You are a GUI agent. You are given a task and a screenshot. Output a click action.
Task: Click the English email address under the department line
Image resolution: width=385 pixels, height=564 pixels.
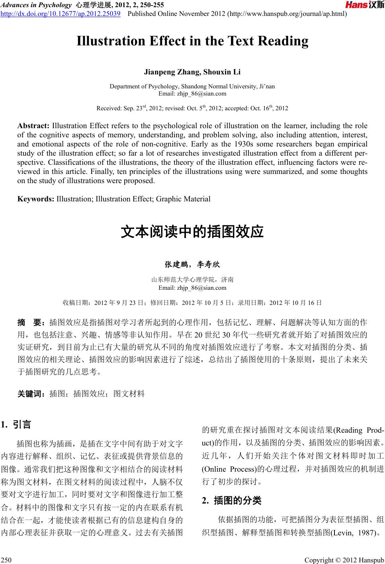[x=192, y=94]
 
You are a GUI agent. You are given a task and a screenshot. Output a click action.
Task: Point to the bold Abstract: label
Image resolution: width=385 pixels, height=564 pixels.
[x=33, y=126]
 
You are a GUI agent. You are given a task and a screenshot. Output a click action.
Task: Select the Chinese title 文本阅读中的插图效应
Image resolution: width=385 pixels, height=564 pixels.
[x=192, y=232]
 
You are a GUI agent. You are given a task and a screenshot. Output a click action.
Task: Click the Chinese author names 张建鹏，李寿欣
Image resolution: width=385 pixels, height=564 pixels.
[x=192, y=264]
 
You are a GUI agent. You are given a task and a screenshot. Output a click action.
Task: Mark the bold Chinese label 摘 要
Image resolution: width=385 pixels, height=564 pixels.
[x=31, y=322]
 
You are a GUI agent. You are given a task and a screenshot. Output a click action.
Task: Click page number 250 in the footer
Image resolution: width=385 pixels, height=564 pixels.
[x=6, y=560]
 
